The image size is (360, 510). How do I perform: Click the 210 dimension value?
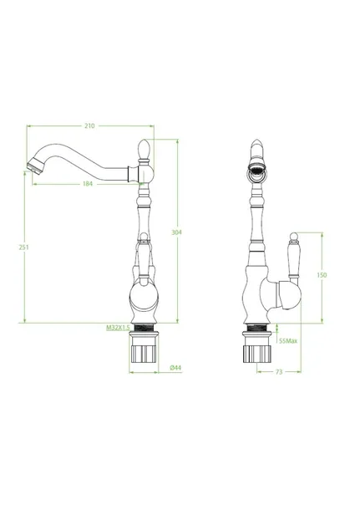89,126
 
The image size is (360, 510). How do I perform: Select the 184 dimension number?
88,184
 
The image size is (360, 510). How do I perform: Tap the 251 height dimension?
23,247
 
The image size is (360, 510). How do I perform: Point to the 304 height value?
177,232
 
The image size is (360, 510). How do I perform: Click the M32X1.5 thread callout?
118,328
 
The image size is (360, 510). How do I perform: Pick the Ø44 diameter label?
175,368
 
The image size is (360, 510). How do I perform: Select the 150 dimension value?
322,275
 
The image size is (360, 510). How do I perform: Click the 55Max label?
288,341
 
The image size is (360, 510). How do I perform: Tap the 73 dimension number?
279,372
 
